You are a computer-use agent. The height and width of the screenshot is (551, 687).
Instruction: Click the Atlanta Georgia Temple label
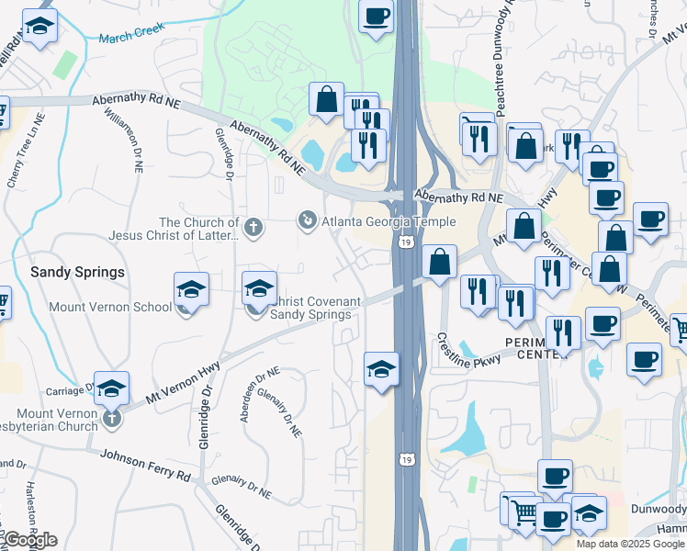point(388,221)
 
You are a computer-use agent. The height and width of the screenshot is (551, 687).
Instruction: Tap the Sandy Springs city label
point(77,273)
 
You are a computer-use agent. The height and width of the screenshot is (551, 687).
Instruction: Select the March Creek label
point(130,30)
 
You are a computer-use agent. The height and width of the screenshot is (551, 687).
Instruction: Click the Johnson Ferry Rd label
point(144,466)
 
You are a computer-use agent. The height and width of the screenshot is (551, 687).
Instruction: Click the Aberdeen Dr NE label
point(246,396)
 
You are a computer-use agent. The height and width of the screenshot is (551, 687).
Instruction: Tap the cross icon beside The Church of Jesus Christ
point(253,224)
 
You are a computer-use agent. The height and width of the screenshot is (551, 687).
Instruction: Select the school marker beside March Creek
point(39,28)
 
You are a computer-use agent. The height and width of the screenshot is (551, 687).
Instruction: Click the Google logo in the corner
point(30,540)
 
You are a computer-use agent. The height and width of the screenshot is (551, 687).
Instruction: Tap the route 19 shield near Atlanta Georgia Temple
point(405,242)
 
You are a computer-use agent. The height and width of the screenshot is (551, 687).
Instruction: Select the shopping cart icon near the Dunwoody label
point(523,512)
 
